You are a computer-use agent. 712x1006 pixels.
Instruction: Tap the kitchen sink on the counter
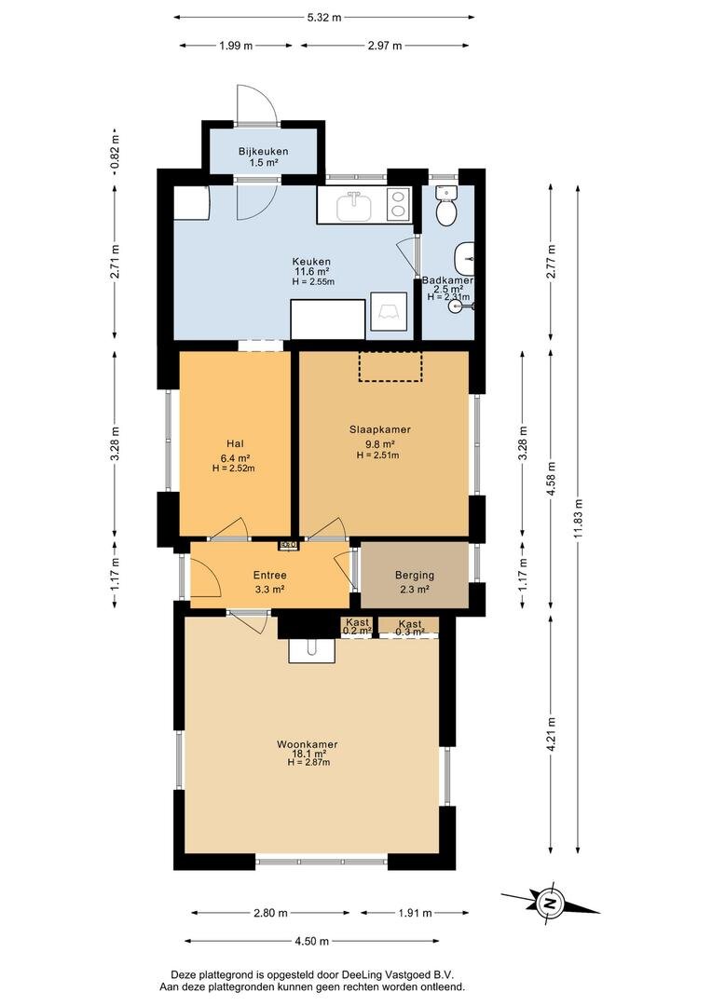354,205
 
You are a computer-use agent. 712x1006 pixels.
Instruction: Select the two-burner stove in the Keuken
401,205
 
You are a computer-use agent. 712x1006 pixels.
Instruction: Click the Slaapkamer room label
380,429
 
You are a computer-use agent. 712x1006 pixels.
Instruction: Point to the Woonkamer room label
308,744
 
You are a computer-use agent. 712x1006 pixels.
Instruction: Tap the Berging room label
415,576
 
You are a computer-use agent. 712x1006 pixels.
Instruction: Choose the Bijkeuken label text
263,152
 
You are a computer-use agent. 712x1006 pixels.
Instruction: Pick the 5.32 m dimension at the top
324,18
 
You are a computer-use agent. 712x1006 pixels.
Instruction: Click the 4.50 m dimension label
312,941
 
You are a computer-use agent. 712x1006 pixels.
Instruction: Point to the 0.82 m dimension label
115,154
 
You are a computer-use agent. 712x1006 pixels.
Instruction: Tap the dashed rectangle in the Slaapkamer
390,366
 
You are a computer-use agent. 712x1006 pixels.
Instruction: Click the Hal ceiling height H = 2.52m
234,469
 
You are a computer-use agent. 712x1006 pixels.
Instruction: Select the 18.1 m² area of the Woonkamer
308,754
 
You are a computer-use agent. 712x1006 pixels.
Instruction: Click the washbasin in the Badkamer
463,258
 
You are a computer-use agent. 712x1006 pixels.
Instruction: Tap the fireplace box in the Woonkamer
312,650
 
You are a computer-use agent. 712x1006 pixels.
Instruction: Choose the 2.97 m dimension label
385,46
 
